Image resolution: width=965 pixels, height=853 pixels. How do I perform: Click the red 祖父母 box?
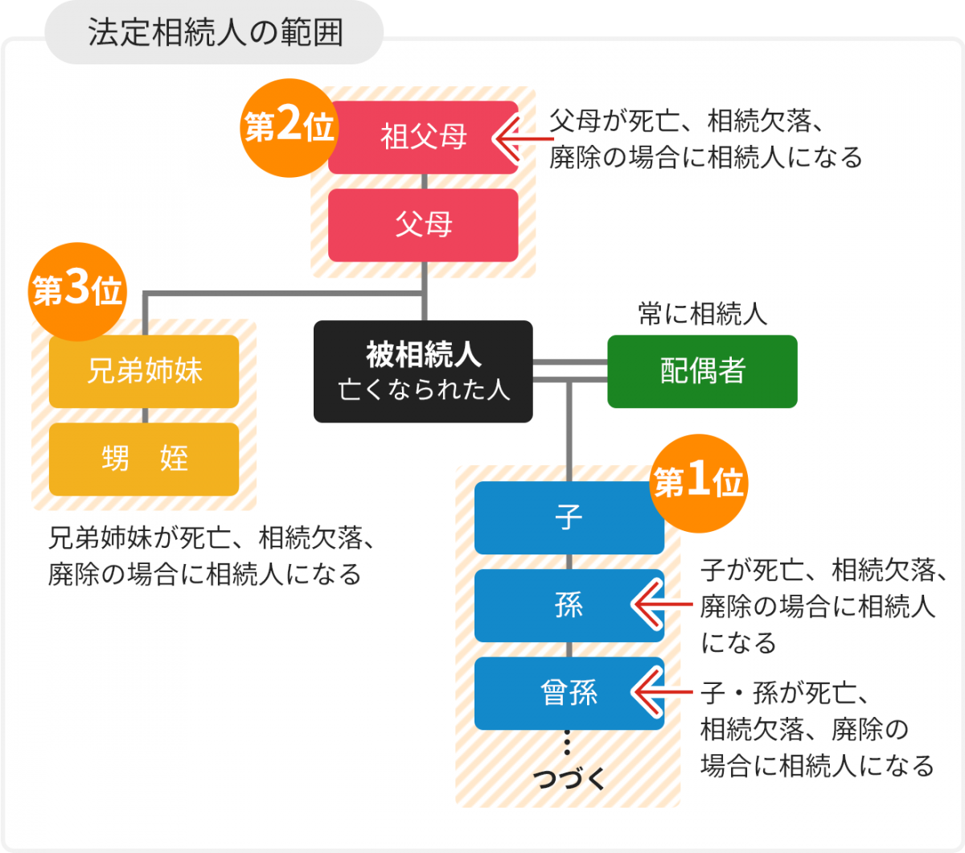[423, 137]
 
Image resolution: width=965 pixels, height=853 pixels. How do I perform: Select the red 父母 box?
[423, 225]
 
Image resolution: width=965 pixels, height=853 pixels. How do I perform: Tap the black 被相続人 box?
[423, 371]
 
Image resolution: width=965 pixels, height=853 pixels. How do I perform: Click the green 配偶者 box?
[702, 371]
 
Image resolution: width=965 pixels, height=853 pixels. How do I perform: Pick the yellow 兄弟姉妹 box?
[144, 371]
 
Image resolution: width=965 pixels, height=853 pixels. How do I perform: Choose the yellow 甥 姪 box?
[144, 459]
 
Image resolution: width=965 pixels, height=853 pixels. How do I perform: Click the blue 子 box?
[569, 517]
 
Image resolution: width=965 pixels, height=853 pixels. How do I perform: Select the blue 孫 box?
[569, 605]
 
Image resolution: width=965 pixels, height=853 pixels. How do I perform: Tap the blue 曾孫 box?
[569, 693]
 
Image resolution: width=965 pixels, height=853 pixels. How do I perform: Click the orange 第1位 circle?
[698, 483]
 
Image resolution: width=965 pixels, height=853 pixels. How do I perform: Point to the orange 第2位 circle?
[289, 127]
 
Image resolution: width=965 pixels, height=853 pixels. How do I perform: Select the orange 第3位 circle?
[78, 291]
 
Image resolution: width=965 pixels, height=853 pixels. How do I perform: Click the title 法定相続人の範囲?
[215, 33]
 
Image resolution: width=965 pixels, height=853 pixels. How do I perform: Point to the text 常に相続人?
[702, 314]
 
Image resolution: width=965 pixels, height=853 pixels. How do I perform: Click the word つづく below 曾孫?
[569, 778]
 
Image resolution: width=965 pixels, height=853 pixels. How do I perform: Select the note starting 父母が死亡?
[705, 138]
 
